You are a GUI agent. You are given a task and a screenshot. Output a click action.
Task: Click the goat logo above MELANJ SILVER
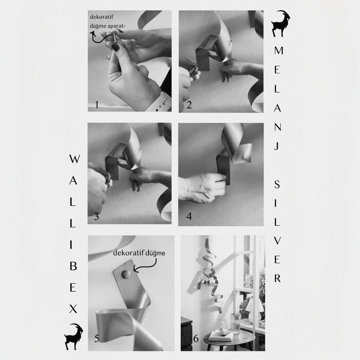(x=281, y=24)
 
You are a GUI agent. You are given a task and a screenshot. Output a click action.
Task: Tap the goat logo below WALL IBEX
(x=74, y=336)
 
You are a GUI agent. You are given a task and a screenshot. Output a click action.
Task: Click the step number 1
(x=97, y=105)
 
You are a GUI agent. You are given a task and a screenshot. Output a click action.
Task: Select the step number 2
(x=189, y=105)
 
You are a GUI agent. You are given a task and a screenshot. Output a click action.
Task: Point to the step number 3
(x=96, y=217)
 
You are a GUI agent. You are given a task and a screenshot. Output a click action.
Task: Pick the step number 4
(x=189, y=216)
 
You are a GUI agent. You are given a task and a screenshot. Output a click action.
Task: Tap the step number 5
(x=97, y=339)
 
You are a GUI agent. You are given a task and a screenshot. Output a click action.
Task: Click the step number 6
(x=196, y=339)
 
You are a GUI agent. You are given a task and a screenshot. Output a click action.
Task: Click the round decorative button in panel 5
(x=126, y=274)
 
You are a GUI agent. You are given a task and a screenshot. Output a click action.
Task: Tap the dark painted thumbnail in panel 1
(x=115, y=47)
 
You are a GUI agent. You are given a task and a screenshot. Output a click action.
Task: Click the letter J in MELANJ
(x=277, y=146)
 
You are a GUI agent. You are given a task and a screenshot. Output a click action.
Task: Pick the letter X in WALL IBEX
(x=73, y=309)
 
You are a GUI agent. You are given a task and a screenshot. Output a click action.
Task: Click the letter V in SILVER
(x=277, y=241)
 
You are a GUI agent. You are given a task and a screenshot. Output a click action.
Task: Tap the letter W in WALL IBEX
(x=75, y=159)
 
